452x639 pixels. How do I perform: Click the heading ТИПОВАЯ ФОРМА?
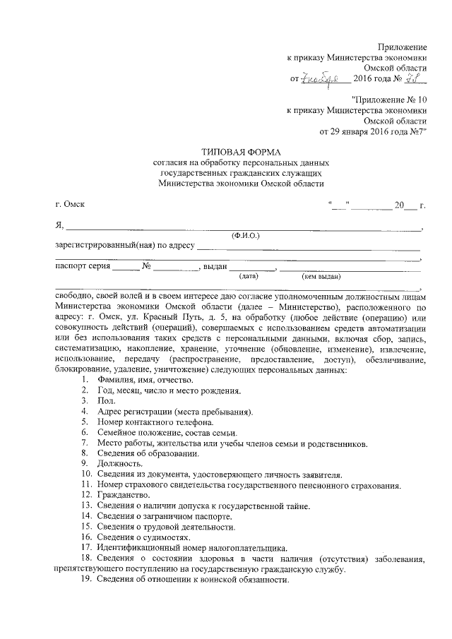[240, 152]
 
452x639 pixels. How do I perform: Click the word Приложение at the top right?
[404, 45]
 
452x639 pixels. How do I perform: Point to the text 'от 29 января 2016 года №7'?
[374, 131]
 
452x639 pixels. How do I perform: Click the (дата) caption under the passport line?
[249, 276]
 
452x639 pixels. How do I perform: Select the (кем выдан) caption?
[321, 276]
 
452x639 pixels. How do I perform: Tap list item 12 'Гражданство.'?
[122, 496]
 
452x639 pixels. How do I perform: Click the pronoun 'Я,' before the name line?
[59, 225]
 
